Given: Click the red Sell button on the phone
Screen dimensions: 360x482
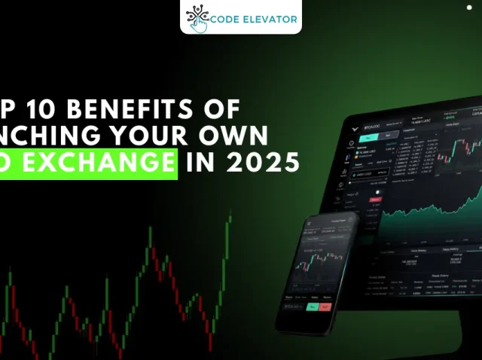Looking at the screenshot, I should tap(325, 308).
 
